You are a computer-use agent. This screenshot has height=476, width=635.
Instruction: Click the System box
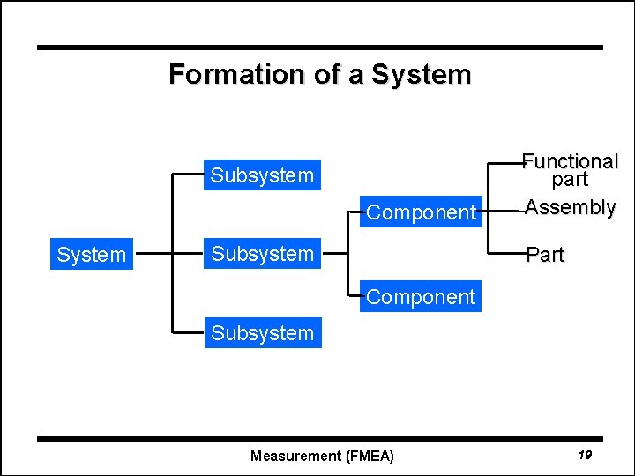91,255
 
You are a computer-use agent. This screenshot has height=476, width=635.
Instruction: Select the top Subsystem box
262,175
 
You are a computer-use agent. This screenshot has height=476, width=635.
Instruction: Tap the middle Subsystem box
262,254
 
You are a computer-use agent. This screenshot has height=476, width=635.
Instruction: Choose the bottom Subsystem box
262,333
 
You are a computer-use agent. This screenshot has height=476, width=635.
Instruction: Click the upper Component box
421,212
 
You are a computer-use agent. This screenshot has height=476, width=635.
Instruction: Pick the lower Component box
421,297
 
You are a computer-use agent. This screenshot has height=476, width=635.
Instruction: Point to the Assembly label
570,208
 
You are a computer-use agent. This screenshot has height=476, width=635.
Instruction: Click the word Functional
570,161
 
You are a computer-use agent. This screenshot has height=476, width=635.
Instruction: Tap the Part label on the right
545,256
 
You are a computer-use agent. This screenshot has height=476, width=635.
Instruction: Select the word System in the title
421,74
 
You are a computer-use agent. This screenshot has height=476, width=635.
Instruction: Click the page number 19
585,455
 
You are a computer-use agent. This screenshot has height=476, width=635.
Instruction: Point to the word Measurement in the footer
295,456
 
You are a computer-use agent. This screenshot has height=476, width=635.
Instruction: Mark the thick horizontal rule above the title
319,48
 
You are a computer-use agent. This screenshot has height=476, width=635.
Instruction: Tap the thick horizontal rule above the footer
319,438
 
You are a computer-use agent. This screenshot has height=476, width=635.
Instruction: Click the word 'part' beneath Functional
570,180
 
